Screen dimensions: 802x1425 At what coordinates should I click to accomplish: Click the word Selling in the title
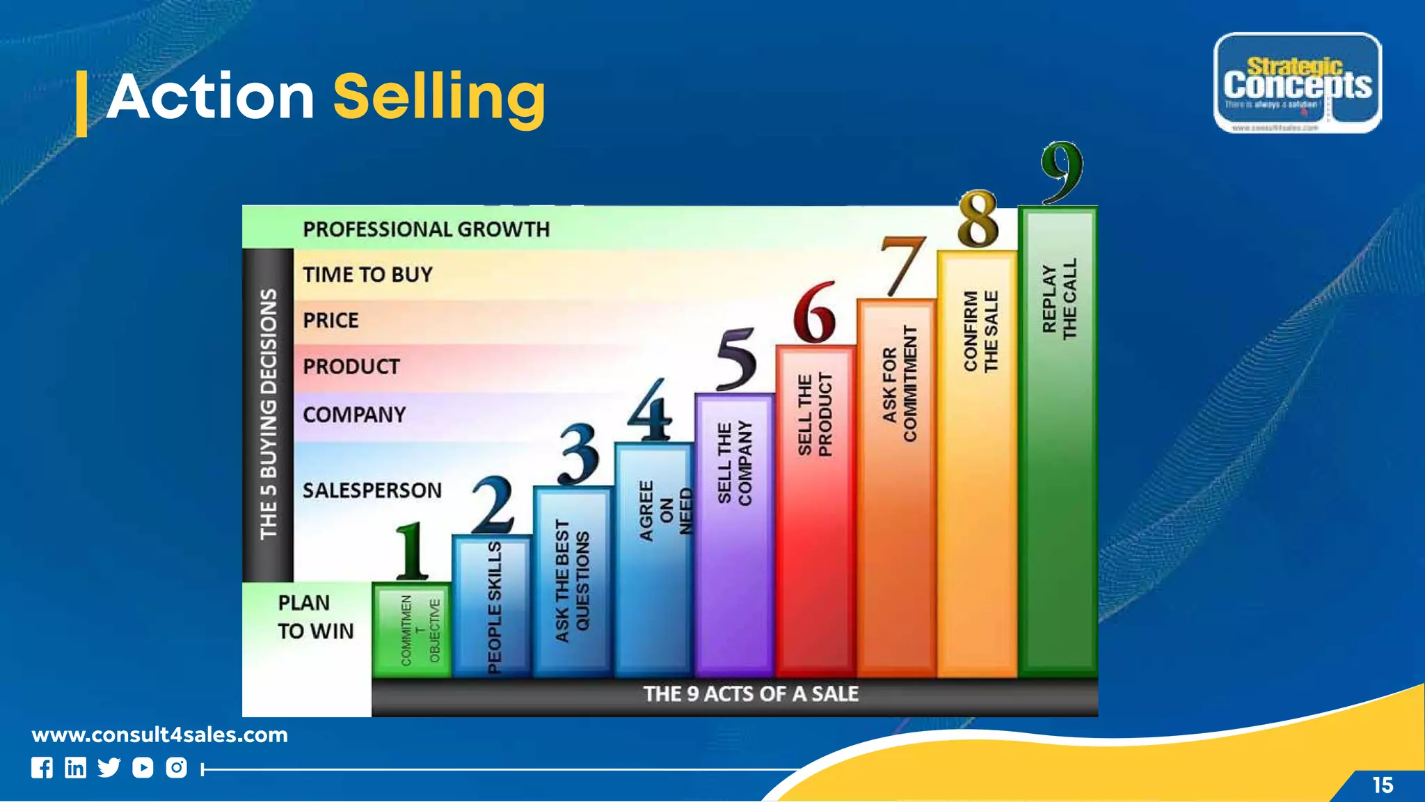point(439,98)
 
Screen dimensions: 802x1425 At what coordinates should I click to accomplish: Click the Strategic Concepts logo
point(1297,83)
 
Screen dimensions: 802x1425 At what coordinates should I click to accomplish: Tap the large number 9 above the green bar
point(1062,172)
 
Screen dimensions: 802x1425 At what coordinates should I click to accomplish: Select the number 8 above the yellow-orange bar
point(978,220)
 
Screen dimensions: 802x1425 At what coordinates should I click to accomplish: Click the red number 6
point(815,313)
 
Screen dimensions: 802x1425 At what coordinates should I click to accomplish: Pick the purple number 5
point(736,360)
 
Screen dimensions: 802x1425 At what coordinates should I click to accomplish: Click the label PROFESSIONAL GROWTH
point(426,230)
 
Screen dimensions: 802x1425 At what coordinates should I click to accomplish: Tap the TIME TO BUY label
point(367,275)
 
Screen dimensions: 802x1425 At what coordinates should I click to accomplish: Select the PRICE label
point(331,321)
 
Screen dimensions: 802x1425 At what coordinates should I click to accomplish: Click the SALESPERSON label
point(372,490)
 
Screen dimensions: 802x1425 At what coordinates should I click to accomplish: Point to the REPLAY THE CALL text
point(1059,299)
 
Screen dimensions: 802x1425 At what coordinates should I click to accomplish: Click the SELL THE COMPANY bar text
point(734,463)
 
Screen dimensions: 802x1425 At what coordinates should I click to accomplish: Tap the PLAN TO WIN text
point(315,617)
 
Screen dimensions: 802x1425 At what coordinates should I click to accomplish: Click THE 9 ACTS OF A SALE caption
point(750,694)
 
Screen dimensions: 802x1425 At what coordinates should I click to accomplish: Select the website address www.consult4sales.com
point(159,735)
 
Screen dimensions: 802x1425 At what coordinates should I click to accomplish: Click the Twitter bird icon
point(109,768)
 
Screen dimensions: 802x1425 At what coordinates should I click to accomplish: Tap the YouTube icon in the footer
point(143,768)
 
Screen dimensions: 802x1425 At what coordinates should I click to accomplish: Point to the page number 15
point(1383,785)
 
